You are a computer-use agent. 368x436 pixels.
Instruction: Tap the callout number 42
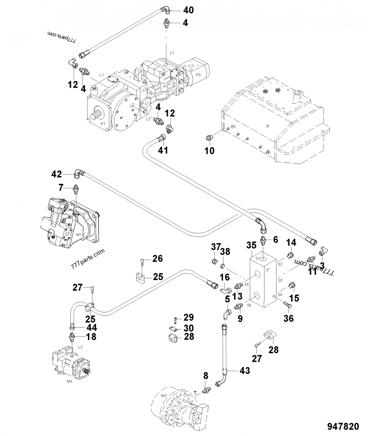point(56,174)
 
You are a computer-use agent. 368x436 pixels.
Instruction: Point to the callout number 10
point(209,151)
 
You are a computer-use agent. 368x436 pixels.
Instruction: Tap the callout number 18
point(92,337)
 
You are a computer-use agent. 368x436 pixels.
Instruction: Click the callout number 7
point(61,187)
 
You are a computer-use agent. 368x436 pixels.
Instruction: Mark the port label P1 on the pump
point(103,124)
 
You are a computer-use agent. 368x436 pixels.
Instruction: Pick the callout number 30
point(189,328)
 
